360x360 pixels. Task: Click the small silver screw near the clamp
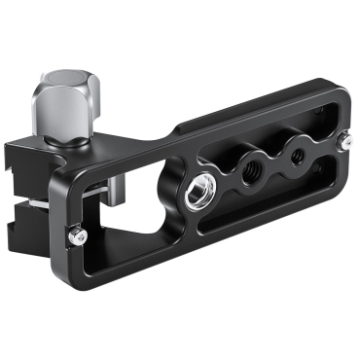(x=76, y=234)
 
